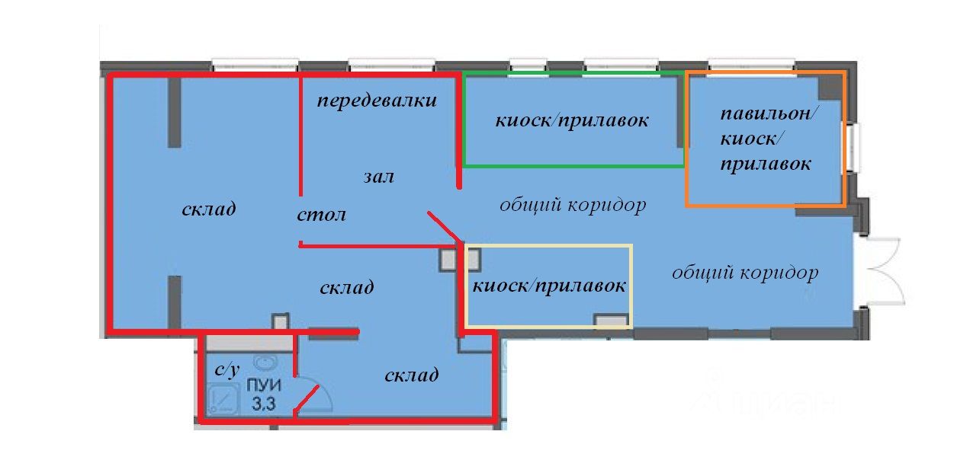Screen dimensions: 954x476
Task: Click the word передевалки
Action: click(x=377, y=101)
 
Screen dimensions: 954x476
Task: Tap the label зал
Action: click(x=378, y=177)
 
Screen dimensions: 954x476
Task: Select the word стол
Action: click(x=321, y=215)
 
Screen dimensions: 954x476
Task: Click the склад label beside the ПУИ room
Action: click(x=411, y=375)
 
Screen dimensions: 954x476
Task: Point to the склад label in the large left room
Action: click(x=209, y=209)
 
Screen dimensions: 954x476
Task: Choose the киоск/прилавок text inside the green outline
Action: click(x=572, y=121)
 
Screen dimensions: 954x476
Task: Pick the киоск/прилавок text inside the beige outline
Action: click(x=549, y=286)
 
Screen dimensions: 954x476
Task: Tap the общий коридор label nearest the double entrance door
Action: click(x=745, y=272)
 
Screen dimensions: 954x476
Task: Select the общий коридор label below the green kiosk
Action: click(x=573, y=205)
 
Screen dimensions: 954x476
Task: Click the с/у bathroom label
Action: click(x=226, y=370)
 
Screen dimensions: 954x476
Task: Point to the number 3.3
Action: click(x=264, y=403)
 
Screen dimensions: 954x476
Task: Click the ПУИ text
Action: click(x=264, y=385)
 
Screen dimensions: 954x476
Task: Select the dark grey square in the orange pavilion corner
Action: click(x=830, y=88)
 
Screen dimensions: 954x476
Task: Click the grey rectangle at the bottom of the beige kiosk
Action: click(x=611, y=321)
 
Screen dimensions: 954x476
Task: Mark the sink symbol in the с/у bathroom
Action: click(x=265, y=362)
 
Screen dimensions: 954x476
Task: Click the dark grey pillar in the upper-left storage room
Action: click(x=175, y=113)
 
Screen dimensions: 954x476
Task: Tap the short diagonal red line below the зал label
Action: click(x=445, y=227)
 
